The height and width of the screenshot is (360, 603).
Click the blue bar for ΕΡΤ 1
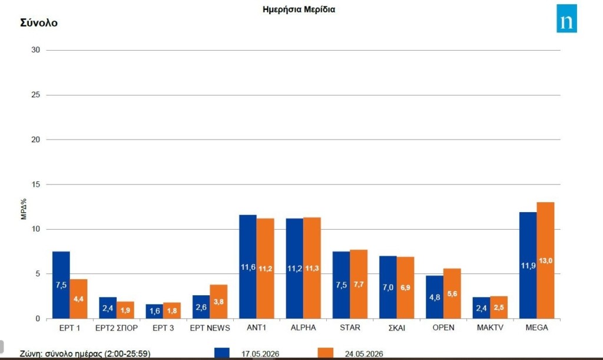tap(61, 285)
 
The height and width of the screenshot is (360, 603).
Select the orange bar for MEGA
tap(545, 260)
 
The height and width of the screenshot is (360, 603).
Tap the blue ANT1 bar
tap(248, 267)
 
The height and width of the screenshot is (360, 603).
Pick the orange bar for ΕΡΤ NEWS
tap(218, 302)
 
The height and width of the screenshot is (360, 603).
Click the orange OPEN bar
tap(452, 293)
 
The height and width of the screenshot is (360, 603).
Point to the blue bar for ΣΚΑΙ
tap(387, 288)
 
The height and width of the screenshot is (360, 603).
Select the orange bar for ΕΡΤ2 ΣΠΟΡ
tap(125, 310)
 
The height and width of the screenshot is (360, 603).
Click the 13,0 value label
tap(546, 261)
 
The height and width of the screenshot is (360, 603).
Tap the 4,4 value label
tap(78, 299)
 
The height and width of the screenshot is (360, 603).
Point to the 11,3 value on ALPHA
tap(312, 268)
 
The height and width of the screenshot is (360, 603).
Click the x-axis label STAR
tap(350, 328)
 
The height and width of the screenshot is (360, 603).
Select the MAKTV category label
tap(490, 328)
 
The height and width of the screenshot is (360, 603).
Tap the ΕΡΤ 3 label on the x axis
tap(163, 328)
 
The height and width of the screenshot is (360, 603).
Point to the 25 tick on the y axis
tap(36, 95)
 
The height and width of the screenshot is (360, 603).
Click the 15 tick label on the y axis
tap(36, 184)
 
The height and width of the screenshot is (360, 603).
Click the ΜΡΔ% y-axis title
tap(24, 209)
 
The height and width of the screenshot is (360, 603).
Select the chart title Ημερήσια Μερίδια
tap(299, 9)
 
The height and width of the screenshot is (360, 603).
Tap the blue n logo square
tap(566, 18)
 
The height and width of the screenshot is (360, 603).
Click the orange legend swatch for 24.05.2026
tap(325, 353)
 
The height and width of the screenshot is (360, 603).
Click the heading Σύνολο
tap(39, 23)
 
